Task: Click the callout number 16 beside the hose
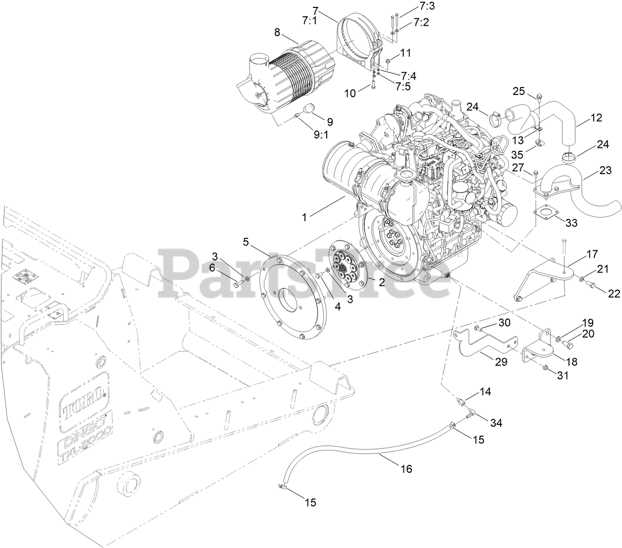coord(406,469)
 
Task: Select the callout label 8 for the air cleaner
coord(277,33)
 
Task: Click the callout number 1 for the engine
coord(305,217)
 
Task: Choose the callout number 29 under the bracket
coord(501,362)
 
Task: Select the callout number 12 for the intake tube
coord(596,118)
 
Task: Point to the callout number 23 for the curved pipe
coord(605,171)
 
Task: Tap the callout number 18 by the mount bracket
coord(571,362)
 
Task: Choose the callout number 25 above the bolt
coord(518,91)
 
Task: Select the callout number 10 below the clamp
coord(350,92)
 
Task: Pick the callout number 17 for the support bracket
coord(592,255)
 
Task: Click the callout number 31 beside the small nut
coord(563,376)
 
